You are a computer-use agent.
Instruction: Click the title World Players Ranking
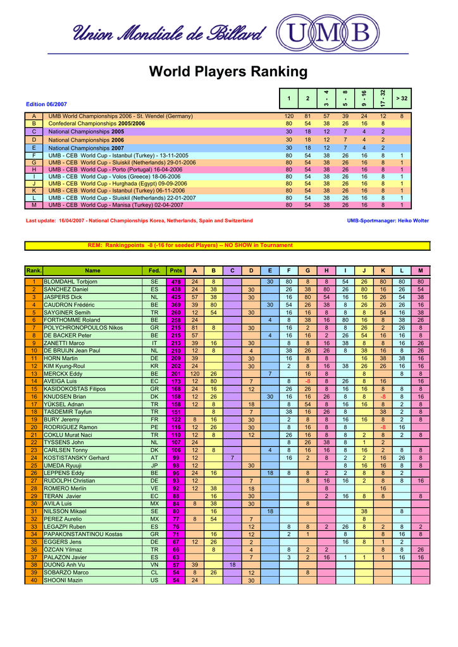[228, 72]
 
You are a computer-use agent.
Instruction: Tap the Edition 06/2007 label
[46, 104]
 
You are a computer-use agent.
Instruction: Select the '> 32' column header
[401, 98]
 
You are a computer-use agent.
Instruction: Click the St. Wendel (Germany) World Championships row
[121, 117]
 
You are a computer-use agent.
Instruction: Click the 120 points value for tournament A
[289, 117]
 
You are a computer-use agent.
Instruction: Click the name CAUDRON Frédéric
[69, 305]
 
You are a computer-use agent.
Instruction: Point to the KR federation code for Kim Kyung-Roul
[154, 366]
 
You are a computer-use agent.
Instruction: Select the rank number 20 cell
[33, 427]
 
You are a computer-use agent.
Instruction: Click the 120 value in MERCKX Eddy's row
[195, 373]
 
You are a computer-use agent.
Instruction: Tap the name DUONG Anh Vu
[62, 565]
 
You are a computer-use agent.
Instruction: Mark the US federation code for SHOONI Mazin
[154, 580]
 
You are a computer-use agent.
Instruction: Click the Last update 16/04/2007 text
[139, 221]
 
